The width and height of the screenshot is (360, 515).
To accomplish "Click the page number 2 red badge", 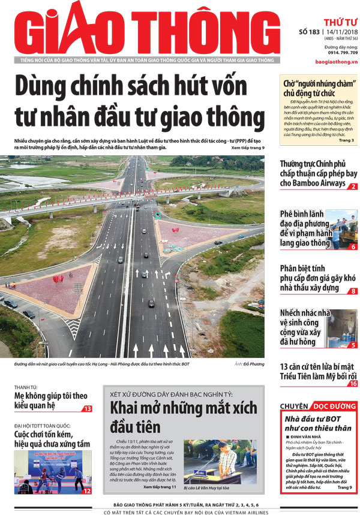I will pos(353,187).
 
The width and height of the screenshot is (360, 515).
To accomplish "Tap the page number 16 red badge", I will pos(353,384).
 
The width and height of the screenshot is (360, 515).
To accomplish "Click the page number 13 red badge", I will pos(88,409).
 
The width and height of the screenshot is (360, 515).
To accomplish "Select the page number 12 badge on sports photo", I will pos(87,491).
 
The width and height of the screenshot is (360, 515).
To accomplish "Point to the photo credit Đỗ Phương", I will pos(250,364).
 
